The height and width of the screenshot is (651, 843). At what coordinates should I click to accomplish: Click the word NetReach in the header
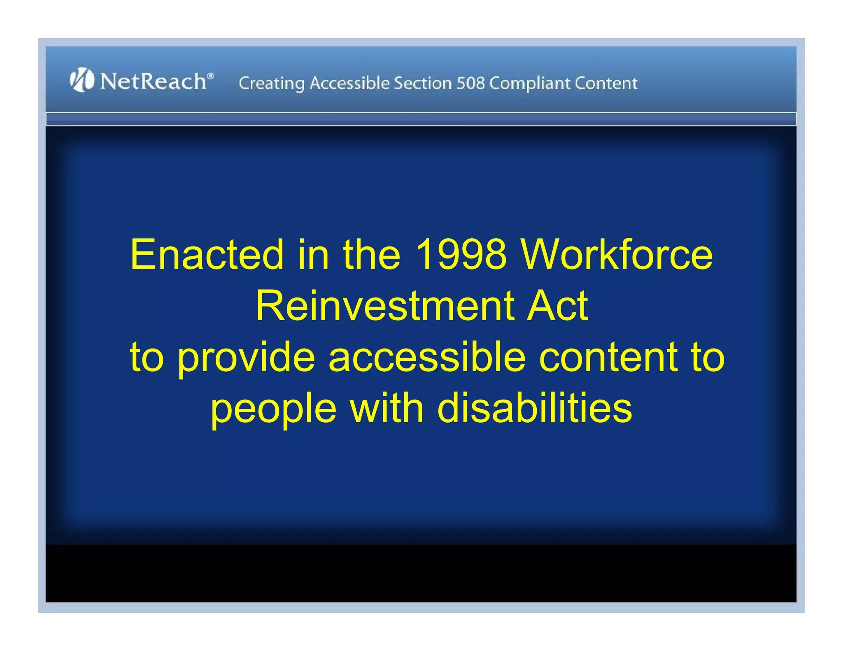pyautogui.click(x=153, y=81)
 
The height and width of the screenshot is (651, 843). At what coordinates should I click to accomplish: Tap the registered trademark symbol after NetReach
pyautogui.click(x=210, y=76)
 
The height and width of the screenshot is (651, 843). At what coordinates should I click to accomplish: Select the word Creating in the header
pyautogui.click(x=271, y=84)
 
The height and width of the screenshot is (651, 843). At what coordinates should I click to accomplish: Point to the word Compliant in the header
pyautogui.click(x=529, y=84)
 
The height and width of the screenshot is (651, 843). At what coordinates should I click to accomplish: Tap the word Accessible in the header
pyautogui.click(x=349, y=83)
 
